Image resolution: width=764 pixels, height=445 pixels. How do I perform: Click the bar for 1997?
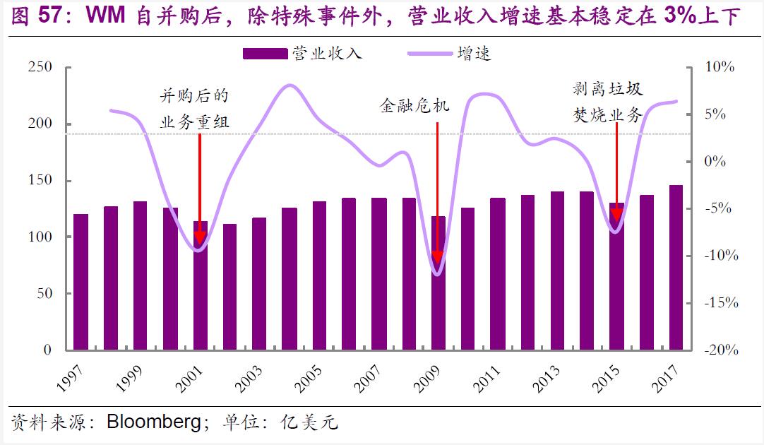point(80,282)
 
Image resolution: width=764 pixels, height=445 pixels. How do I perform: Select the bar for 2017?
point(676,268)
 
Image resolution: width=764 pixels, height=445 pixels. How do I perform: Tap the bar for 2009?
point(438,283)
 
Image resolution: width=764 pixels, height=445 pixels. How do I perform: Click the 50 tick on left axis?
point(44,293)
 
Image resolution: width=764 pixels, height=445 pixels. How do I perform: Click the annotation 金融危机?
point(414,106)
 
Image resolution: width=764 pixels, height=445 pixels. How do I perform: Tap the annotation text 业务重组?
point(195,121)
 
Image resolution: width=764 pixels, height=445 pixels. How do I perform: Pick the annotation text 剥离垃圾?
point(607,90)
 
